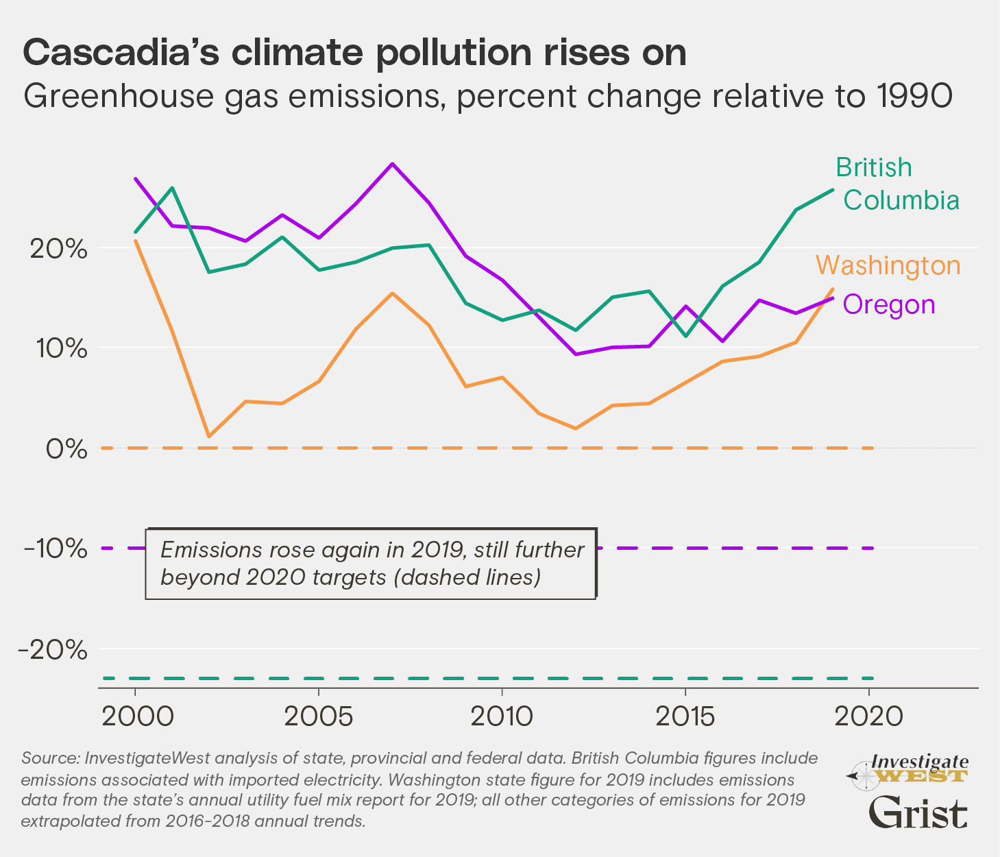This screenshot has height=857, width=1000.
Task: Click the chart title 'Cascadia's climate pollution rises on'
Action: click(x=354, y=53)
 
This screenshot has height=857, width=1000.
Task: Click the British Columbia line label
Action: click(x=897, y=184)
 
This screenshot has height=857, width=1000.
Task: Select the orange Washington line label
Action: click(x=888, y=265)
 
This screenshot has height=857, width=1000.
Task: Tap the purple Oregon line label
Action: click(x=889, y=304)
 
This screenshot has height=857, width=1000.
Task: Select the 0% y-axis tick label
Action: click(x=67, y=449)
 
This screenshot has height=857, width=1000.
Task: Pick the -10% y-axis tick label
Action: click(x=58, y=549)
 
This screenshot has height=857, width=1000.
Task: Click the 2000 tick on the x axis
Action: click(x=135, y=716)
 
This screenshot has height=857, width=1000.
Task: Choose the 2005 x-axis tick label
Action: click(x=319, y=716)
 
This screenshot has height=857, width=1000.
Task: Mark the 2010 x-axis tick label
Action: click(x=502, y=716)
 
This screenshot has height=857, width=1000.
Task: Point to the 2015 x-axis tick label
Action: click(x=685, y=716)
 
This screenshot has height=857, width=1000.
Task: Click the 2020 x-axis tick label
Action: click(x=869, y=716)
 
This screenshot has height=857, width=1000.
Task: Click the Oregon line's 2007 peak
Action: click(x=392, y=164)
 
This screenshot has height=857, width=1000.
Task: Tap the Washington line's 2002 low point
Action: click(x=208, y=436)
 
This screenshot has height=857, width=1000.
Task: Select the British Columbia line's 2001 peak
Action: click(x=172, y=188)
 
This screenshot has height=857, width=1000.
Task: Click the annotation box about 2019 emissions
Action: click(x=371, y=564)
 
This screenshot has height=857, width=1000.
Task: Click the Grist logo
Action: click(x=918, y=813)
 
